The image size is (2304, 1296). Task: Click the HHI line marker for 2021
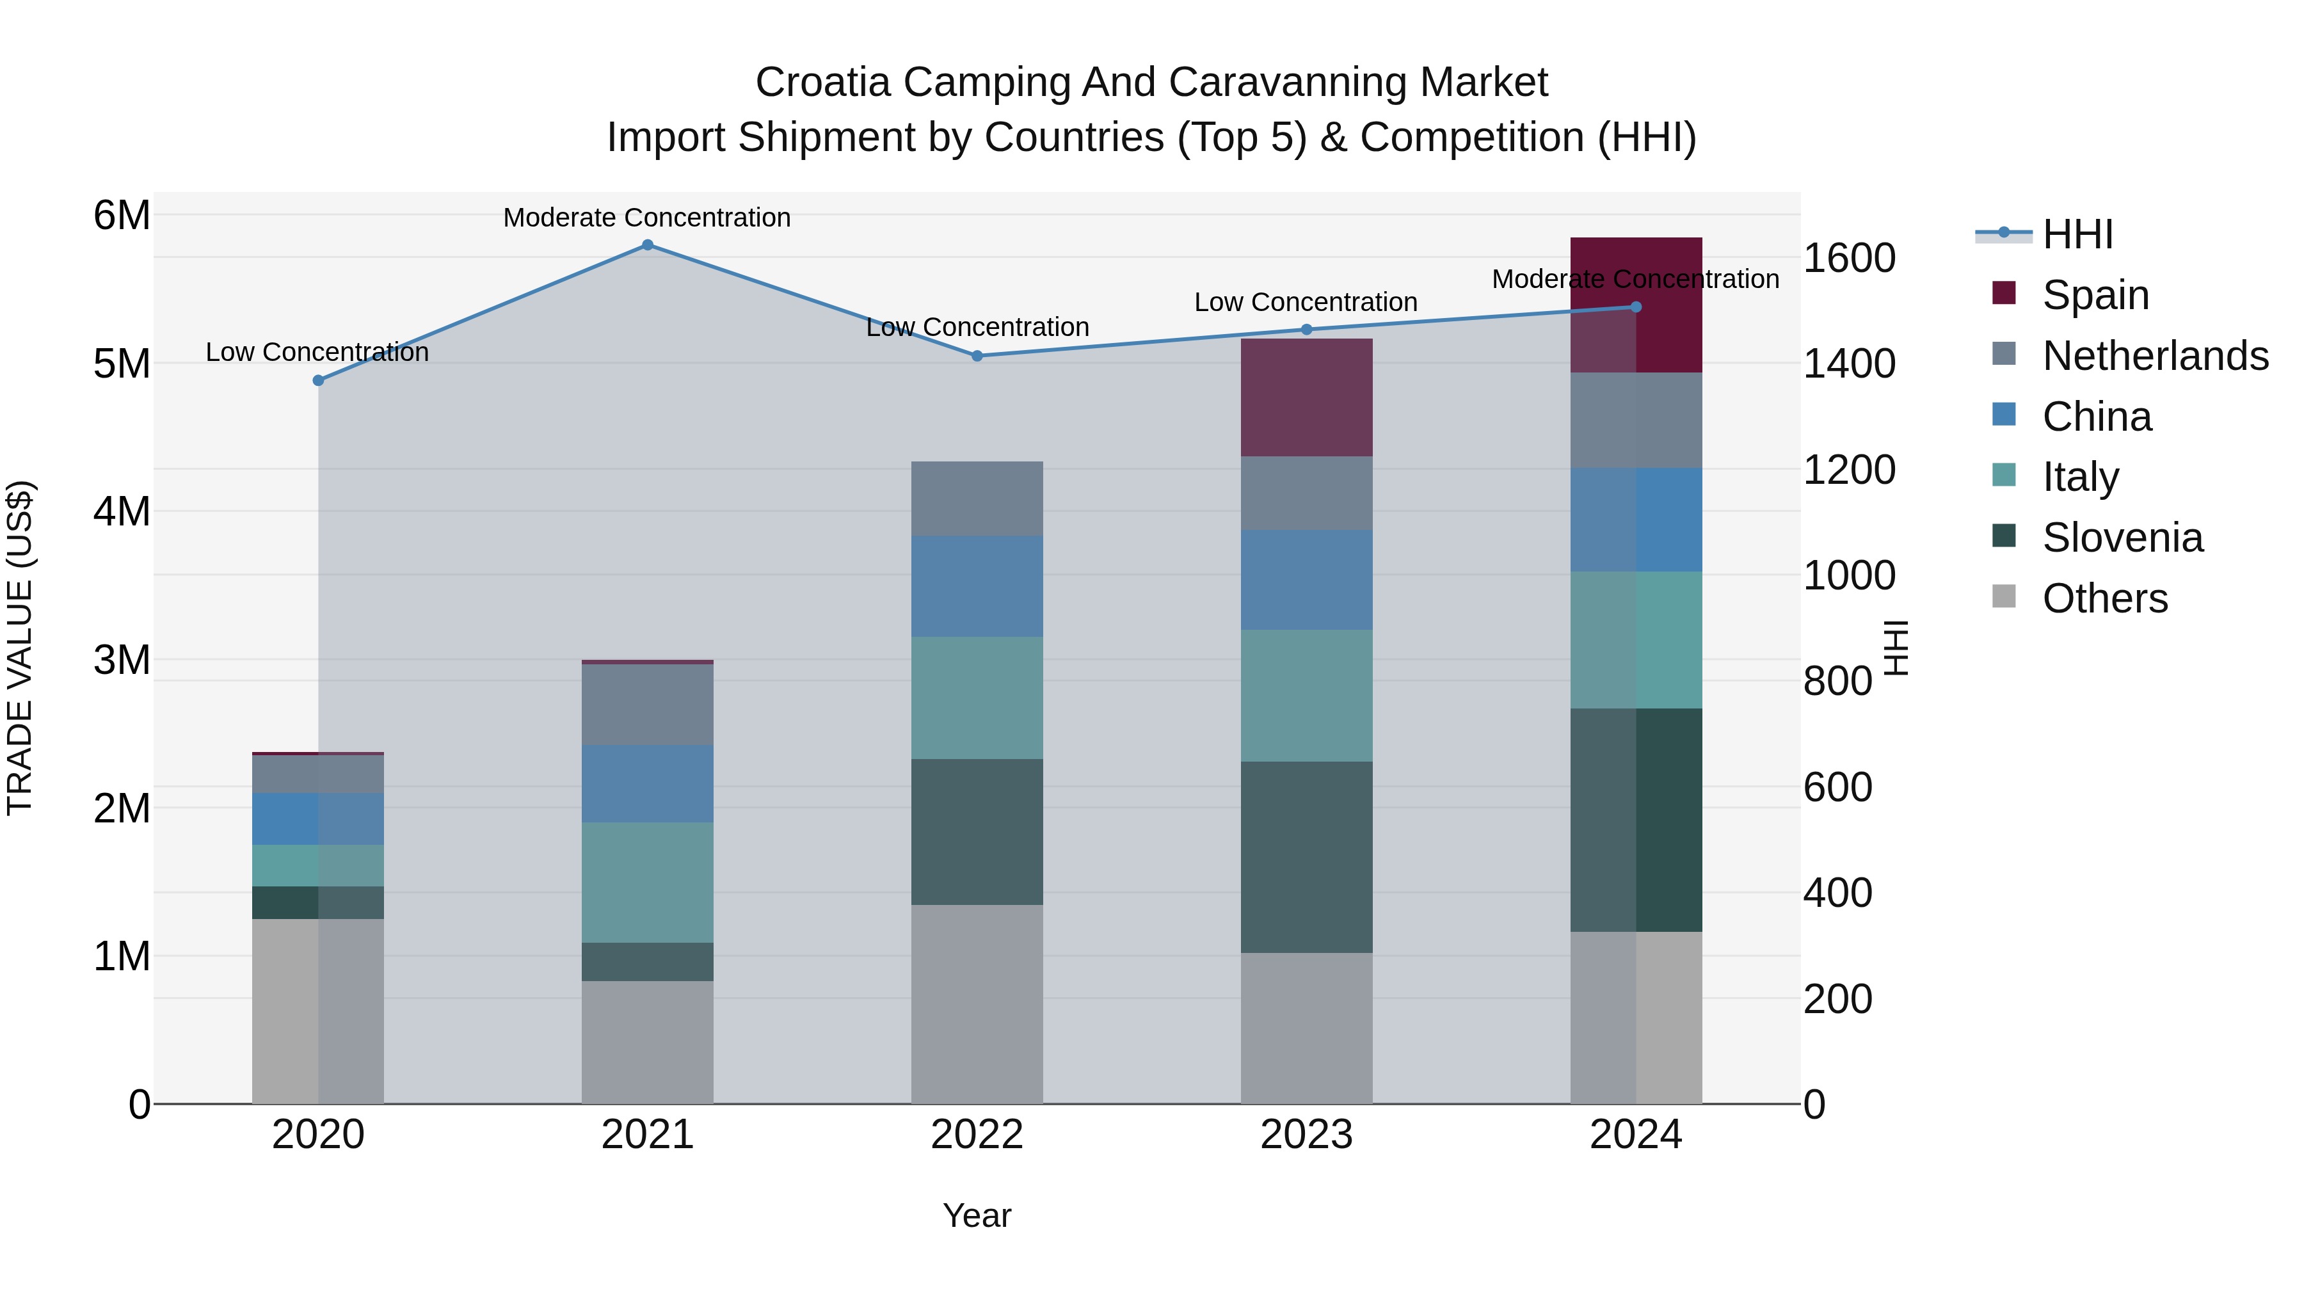pyautogui.click(x=648, y=245)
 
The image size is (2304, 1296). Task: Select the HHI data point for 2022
pyautogui.click(x=977, y=356)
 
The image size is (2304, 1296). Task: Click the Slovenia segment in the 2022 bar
pyautogui.click(x=977, y=832)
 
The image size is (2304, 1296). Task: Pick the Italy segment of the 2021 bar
pyautogui.click(x=648, y=882)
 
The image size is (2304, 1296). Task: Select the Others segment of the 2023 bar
pyautogui.click(x=1306, y=1028)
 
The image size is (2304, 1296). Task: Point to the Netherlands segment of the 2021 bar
pyautogui.click(x=648, y=705)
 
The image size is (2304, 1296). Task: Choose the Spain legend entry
pyautogui.click(x=2095, y=294)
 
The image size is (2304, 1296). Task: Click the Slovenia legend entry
pyautogui.click(x=2122, y=538)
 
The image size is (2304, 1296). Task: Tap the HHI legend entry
pyautogui.click(x=2077, y=234)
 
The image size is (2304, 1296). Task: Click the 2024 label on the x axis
pyautogui.click(x=1635, y=1135)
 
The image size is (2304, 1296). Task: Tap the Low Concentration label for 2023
pyautogui.click(x=1306, y=302)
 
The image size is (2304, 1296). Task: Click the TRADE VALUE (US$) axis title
pyautogui.click(x=20, y=648)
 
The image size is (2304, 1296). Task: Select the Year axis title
pyautogui.click(x=977, y=1215)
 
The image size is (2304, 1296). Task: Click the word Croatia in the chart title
pyautogui.click(x=823, y=83)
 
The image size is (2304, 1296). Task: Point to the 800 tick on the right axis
pyautogui.click(x=1837, y=682)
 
